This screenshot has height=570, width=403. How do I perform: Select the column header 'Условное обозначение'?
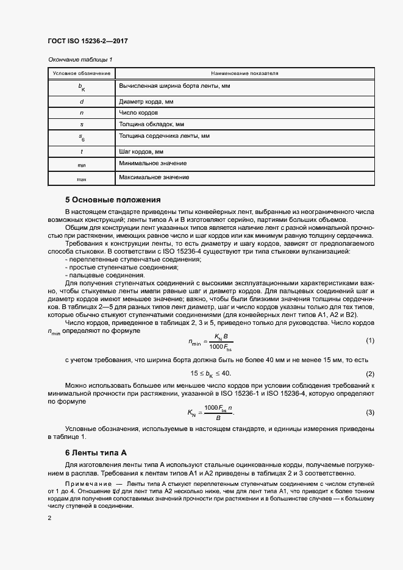point(81,73)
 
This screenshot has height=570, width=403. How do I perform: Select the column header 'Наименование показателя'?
point(244,73)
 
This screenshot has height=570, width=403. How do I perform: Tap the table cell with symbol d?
point(81,101)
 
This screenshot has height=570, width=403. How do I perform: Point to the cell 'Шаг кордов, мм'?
point(141,151)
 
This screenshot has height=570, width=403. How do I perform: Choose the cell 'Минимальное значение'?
point(153,163)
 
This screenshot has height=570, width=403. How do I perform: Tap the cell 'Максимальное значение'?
point(154,177)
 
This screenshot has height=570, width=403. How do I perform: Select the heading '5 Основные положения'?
point(113,199)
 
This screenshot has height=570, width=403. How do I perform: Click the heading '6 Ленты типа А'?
point(96,452)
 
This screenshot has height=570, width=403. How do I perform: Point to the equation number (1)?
point(369,340)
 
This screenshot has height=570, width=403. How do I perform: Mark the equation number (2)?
point(369,373)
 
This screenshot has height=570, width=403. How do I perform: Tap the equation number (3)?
point(369,413)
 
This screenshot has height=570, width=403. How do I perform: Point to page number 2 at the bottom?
point(49,518)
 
